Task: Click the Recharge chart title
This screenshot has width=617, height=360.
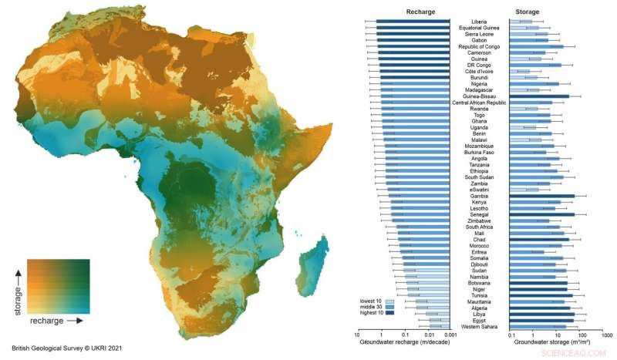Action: pyautogui.click(x=404, y=12)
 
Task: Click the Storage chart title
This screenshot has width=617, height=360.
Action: pyautogui.click(x=549, y=12)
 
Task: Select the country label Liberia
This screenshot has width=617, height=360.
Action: pyautogui.click(x=480, y=22)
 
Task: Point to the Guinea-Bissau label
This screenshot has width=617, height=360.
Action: pyautogui.click(x=480, y=96)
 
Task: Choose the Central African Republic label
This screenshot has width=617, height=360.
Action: pyautogui.click(x=480, y=103)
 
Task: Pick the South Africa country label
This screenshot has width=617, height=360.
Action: pyautogui.click(x=480, y=227)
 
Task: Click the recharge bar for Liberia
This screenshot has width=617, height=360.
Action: pyautogui.click(x=413, y=22)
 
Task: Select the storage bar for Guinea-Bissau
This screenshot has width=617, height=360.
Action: pyautogui.click(x=540, y=96)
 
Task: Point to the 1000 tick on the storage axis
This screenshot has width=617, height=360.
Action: pyautogui.click(x=606, y=336)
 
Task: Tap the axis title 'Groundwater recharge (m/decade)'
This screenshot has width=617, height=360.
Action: pyautogui.click(x=404, y=343)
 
